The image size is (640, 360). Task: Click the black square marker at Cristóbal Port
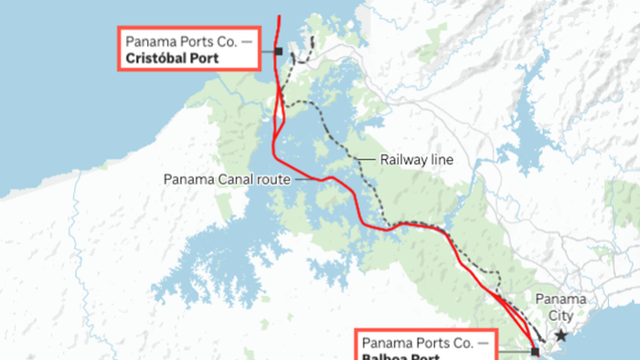click(277, 51)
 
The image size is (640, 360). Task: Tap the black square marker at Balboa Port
click(535, 351)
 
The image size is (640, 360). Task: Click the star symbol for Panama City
click(560, 336)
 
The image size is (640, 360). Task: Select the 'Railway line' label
click(417, 160)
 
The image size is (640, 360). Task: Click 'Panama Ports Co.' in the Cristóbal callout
click(175, 40)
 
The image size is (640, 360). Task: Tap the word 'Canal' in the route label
click(228, 179)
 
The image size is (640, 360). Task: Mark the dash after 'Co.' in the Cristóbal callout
click(241, 40)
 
